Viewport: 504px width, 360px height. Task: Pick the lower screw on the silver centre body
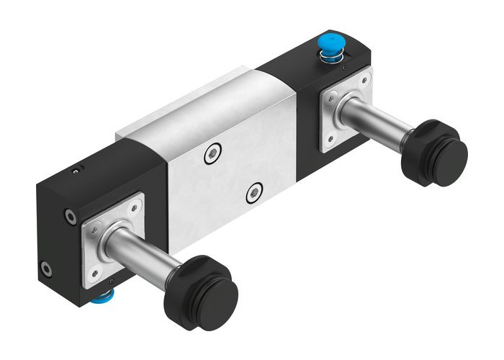[253, 193]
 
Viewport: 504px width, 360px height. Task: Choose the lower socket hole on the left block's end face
[46, 269]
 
